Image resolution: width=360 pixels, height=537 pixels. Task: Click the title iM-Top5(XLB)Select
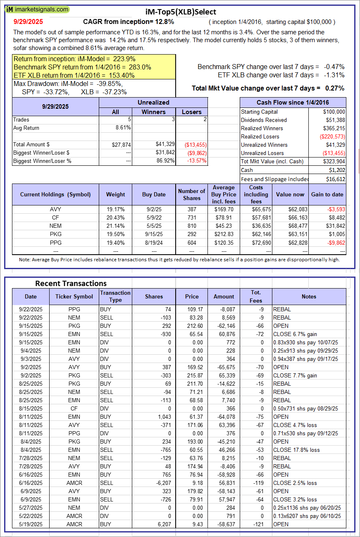(181, 12)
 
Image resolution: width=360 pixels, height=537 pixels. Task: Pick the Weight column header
(115, 194)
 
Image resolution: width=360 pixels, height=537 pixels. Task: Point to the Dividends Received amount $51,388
(334, 120)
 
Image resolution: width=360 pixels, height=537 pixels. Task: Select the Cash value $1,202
(337, 170)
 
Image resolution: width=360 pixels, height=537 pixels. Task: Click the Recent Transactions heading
(71, 283)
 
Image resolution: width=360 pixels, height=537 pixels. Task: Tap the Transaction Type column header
(115, 296)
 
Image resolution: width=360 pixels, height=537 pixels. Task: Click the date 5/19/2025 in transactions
(31, 524)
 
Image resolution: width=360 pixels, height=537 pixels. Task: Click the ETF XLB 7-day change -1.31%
(334, 75)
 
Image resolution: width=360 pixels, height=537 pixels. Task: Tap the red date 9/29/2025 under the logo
(28, 21)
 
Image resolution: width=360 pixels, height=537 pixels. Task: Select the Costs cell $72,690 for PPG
(256, 242)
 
